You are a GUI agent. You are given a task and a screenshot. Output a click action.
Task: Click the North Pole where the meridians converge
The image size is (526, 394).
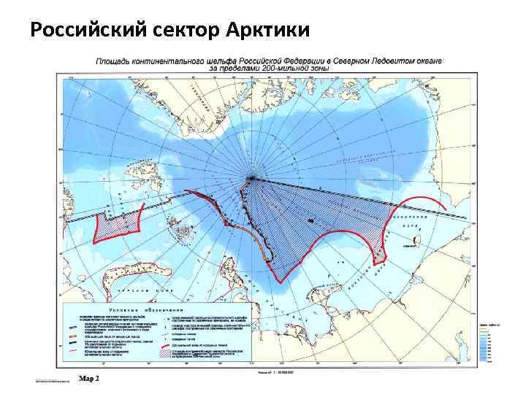(252, 177)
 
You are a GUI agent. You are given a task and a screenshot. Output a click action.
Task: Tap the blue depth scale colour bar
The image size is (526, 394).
(484, 342)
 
